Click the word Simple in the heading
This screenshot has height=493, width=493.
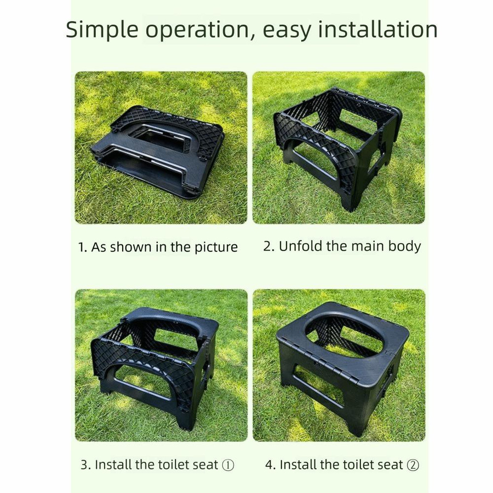pyautogui.click(x=102, y=30)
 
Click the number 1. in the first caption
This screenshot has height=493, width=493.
pyautogui.click(x=82, y=248)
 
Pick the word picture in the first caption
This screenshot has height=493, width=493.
pyautogui.click(x=216, y=248)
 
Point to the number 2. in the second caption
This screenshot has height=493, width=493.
pyautogui.click(x=269, y=246)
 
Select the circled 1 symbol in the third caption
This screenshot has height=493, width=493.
pyautogui.click(x=228, y=465)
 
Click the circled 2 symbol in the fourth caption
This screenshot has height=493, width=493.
pyautogui.click(x=413, y=465)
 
